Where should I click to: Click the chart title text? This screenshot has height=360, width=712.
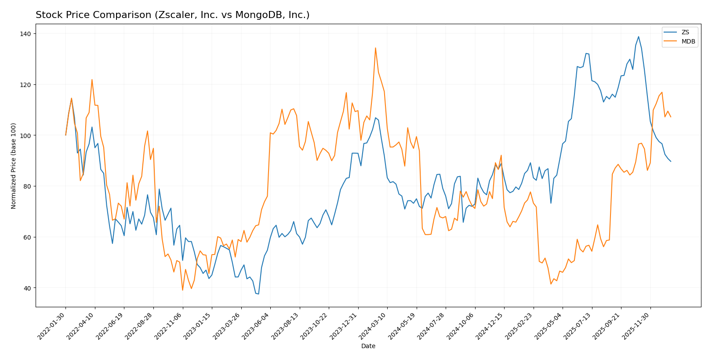point(172,15)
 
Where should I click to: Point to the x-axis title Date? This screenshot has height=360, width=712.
point(368,346)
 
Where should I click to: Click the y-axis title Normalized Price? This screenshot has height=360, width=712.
point(14,166)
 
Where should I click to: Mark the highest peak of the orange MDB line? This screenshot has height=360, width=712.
point(375,48)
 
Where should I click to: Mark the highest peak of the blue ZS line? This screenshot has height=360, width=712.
point(639,36)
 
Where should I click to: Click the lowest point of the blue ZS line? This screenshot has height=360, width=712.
point(258,294)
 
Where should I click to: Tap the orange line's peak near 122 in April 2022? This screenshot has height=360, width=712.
point(92,80)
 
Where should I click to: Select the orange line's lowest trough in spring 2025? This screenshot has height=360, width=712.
point(551,284)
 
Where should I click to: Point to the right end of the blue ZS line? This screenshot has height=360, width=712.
point(671,161)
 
